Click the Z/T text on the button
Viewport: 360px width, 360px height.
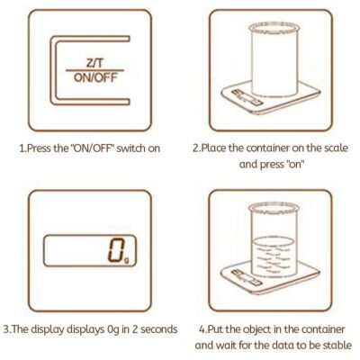pos(94,63)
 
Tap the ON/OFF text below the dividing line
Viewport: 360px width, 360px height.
pos(95,77)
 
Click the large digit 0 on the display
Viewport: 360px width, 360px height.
pos(116,249)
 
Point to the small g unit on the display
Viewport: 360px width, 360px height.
pos(127,260)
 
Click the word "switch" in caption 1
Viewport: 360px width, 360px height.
pos(130,148)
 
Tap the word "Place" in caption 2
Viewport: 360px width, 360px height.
pos(214,148)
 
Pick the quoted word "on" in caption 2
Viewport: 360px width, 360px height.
pos(295,164)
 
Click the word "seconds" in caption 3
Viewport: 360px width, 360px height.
pos(159,329)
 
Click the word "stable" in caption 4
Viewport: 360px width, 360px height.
pos(337,345)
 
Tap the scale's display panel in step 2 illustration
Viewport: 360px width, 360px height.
pos(247,97)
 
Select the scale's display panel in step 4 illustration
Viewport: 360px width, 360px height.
pos(247,278)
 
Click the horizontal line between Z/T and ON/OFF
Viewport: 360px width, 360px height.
pos(94,70)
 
